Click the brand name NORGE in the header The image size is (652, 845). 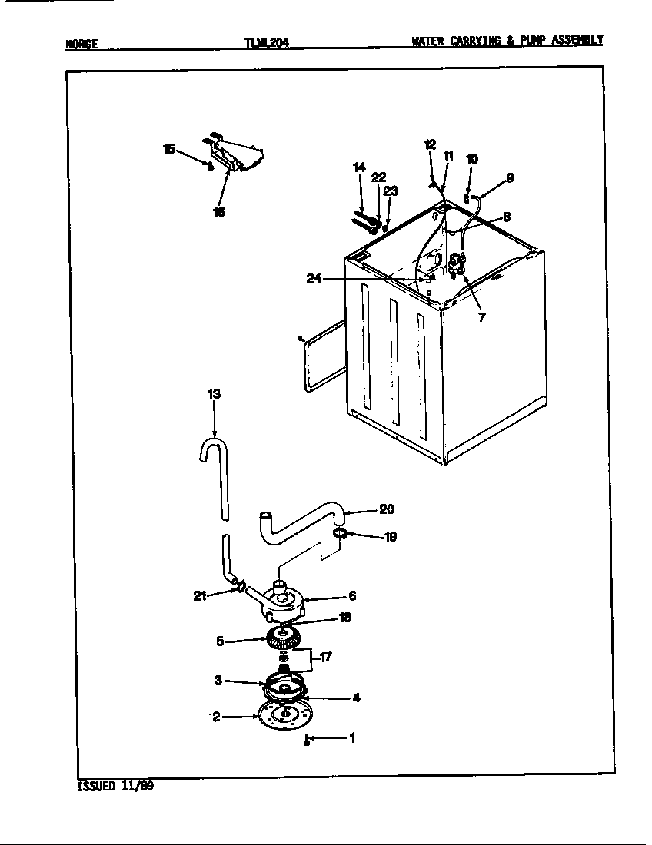tap(81, 44)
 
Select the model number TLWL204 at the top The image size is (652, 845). tap(267, 44)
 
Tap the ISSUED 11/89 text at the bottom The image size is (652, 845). tap(115, 786)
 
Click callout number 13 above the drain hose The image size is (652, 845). tap(214, 394)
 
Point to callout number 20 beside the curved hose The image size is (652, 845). tap(387, 509)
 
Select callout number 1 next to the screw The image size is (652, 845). tap(351, 738)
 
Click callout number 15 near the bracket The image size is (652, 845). tap(169, 148)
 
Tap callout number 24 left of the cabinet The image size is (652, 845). tap(313, 279)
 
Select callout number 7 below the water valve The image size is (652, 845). tap(481, 316)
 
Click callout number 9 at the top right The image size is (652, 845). tap(510, 177)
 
